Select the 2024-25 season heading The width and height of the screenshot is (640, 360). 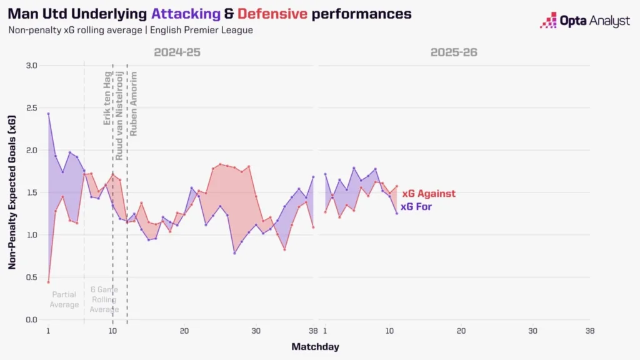point(177,52)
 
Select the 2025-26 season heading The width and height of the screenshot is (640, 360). point(454,52)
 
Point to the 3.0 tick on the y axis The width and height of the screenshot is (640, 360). point(31,66)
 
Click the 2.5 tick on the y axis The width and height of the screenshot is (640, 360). point(31,108)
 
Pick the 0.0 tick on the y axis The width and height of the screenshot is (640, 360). point(31,320)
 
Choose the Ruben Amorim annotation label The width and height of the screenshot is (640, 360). point(133,104)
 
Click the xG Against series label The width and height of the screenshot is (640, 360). point(428,194)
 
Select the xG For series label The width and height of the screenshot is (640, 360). point(416,207)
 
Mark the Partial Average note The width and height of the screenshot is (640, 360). point(64,299)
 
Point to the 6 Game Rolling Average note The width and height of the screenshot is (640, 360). point(104,299)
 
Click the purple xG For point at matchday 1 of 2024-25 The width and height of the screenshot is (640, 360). point(48,114)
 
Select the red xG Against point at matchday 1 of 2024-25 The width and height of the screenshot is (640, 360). point(48,282)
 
